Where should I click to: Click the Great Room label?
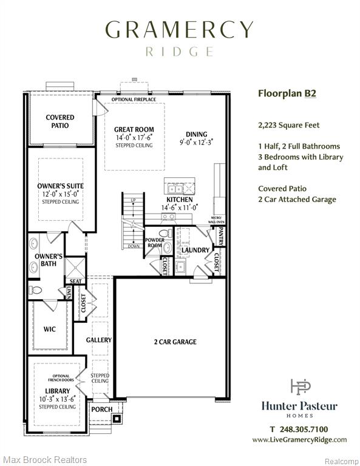click(x=134, y=130)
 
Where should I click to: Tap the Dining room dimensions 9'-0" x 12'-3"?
click(x=197, y=143)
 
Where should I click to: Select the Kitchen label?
click(x=180, y=200)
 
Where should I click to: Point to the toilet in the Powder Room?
click(x=165, y=233)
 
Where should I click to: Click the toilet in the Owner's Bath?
click(x=36, y=290)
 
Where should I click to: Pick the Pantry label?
click(x=220, y=236)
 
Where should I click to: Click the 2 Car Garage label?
click(x=175, y=342)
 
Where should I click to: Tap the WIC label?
click(x=49, y=329)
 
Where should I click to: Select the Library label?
click(x=58, y=391)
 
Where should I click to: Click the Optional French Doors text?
click(x=61, y=378)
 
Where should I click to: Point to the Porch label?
click(x=101, y=409)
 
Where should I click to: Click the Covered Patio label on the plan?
click(x=60, y=121)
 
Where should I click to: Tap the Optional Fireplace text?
click(x=134, y=100)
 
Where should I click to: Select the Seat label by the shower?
click(x=75, y=281)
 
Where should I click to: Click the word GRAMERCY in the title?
click(x=179, y=29)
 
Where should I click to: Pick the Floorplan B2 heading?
click(x=287, y=93)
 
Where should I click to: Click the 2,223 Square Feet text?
click(x=288, y=125)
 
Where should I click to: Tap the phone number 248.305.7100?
click(x=304, y=429)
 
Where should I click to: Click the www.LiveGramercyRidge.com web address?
click(x=299, y=440)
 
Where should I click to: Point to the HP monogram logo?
click(x=301, y=387)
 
